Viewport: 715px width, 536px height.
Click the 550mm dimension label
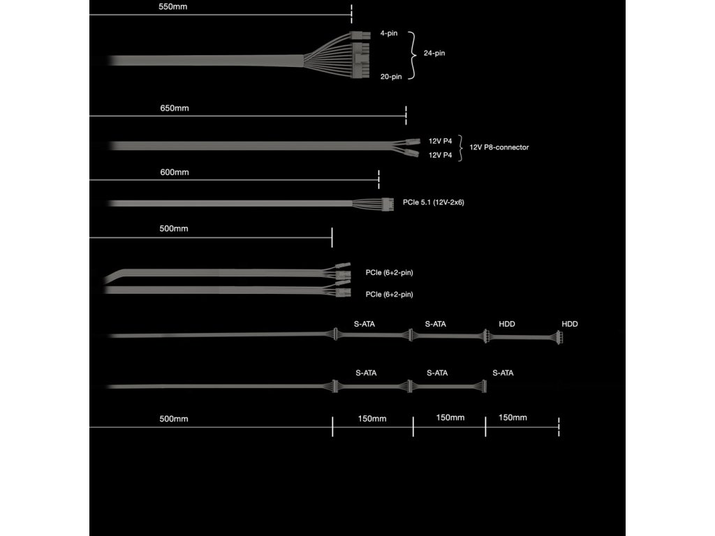coord(173,7)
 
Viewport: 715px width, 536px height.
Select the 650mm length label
coord(175,108)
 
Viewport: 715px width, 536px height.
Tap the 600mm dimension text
coord(175,172)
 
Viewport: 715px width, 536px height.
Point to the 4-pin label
coord(389,33)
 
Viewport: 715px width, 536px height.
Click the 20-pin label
coord(391,77)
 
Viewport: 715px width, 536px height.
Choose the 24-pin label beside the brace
coord(434,54)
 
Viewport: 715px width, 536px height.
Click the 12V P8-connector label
coord(499,147)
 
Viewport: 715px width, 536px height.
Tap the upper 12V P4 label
coord(441,141)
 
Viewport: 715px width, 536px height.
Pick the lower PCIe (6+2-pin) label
coord(389,295)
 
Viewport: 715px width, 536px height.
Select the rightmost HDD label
coord(570,324)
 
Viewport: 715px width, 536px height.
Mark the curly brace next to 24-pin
coord(413,54)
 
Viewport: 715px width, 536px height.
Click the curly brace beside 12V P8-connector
coord(460,148)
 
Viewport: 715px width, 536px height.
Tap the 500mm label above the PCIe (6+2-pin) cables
coord(174,228)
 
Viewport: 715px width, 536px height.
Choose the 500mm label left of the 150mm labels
coord(174,419)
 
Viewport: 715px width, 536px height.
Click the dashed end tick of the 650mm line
coord(406,115)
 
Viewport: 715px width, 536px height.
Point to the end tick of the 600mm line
coord(378,179)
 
